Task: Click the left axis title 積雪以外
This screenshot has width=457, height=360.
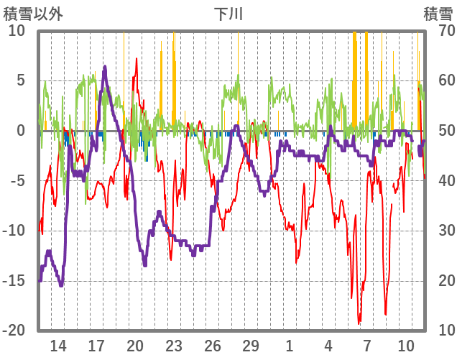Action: click(33, 13)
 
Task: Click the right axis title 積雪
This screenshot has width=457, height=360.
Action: click(438, 13)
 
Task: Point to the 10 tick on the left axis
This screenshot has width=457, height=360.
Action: click(17, 30)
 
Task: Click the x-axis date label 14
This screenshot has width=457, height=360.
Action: click(58, 346)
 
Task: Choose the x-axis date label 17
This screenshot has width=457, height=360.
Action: click(97, 346)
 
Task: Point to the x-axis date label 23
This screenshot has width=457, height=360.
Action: click(174, 346)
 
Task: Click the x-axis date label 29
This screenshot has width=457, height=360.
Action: click(251, 346)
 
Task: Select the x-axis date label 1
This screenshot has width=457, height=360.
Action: click(289, 346)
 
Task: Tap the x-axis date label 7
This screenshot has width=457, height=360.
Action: click(366, 346)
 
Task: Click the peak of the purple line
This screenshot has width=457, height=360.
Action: click(105, 67)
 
